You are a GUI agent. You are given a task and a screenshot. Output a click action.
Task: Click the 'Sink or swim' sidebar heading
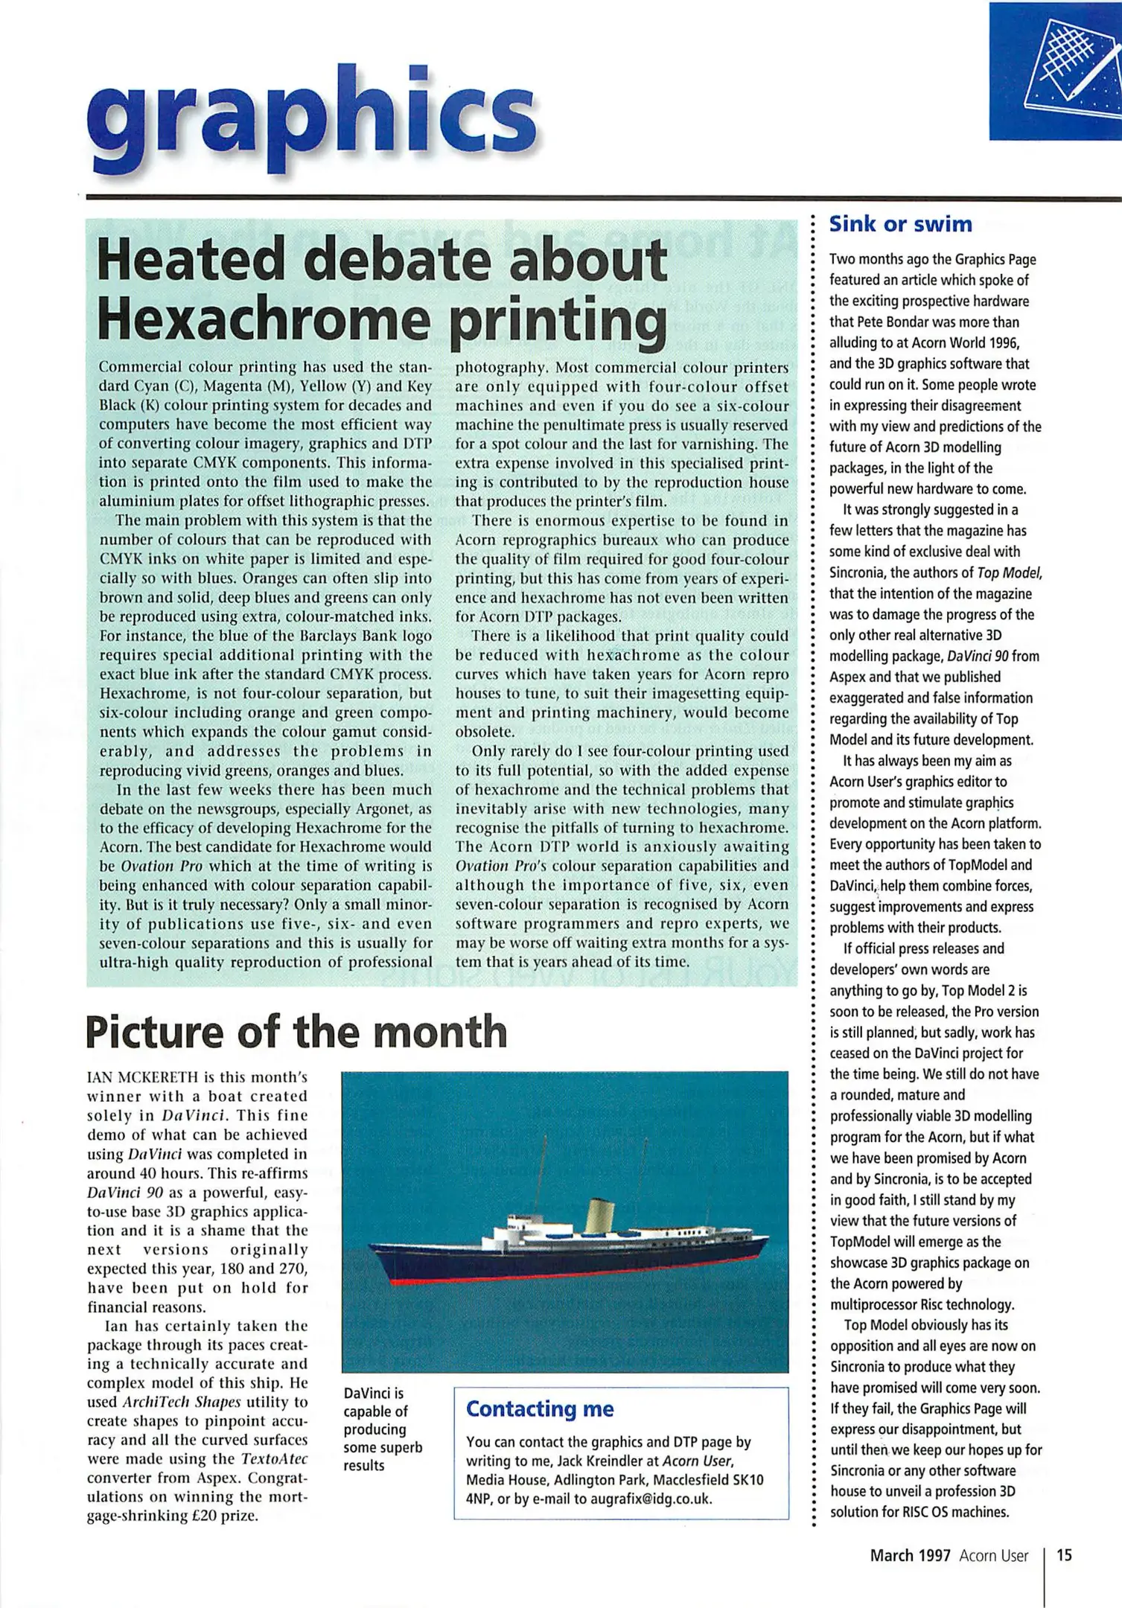pos(900,224)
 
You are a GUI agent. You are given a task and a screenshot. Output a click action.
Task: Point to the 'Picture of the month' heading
pos(296,1032)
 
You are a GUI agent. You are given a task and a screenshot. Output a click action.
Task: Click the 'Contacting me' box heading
pos(540,1409)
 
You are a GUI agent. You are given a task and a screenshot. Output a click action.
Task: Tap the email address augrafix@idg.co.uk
pos(651,1499)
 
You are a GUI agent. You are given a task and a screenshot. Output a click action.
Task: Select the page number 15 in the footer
pos(1065,1555)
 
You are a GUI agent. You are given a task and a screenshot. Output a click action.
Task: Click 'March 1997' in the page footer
pos(910,1555)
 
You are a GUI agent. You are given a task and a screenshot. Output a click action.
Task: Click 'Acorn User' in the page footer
pos(993,1555)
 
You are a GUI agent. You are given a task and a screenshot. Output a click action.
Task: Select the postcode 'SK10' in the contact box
pos(748,1480)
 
